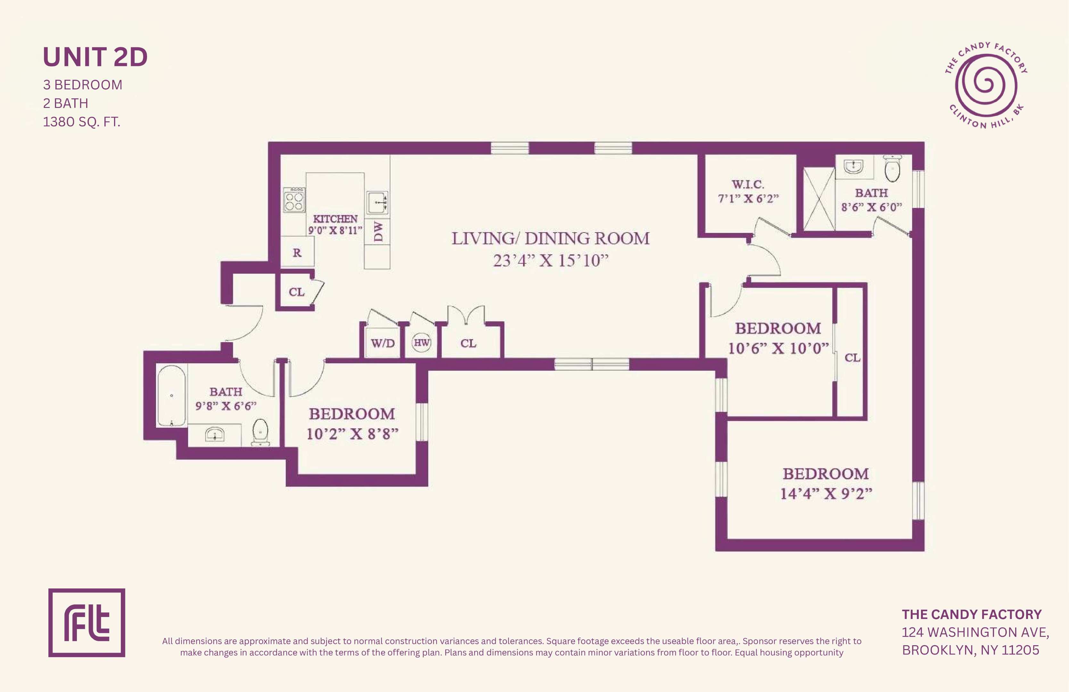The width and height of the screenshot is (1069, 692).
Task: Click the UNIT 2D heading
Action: pyautogui.click(x=95, y=57)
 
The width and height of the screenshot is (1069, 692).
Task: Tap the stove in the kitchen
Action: pyautogui.click(x=294, y=200)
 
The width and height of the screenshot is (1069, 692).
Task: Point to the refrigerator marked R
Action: pyautogui.click(x=297, y=252)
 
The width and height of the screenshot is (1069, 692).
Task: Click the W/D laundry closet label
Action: pyautogui.click(x=383, y=343)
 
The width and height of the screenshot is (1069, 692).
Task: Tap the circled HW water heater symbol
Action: pyautogui.click(x=421, y=343)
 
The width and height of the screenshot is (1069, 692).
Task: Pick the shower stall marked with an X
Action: pyautogui.click(x=819, y=199)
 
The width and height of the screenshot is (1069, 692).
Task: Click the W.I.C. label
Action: pyautogui.click(x=748, y=184)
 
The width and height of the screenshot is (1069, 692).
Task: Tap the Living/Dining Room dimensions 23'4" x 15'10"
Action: pyautogui.click(x=551, y=260)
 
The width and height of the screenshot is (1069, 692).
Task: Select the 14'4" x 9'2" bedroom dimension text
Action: pyautogui.click(x=826, y=493)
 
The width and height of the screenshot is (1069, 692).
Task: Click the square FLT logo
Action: pyautogui.click(x=87, y=623)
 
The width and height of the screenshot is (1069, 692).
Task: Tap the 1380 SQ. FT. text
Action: pyautogui.click(x=82, y=122)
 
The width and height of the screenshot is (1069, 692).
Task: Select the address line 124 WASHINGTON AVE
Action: pyautogui.click(x=975, y=632)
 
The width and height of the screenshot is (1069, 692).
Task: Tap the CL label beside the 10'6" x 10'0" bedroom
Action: pyautogui.click(x=852, y=358)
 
